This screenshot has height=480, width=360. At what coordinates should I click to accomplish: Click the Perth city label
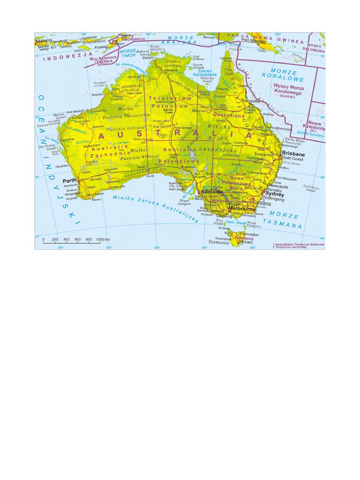point(70,180)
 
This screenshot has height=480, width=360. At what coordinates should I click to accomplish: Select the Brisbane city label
point(293,154)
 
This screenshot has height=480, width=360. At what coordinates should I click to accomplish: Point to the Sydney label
point(275,193)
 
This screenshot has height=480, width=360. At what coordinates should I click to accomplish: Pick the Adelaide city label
point(211,192)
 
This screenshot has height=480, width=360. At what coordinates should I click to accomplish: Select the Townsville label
point(249,100)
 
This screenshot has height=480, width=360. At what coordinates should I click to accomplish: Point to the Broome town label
point(97,95)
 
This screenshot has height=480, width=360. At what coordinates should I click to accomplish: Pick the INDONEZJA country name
point(63,59)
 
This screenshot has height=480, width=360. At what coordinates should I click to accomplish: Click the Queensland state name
point(229,115)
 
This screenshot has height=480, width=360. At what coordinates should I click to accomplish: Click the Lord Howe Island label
point(309,188)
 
